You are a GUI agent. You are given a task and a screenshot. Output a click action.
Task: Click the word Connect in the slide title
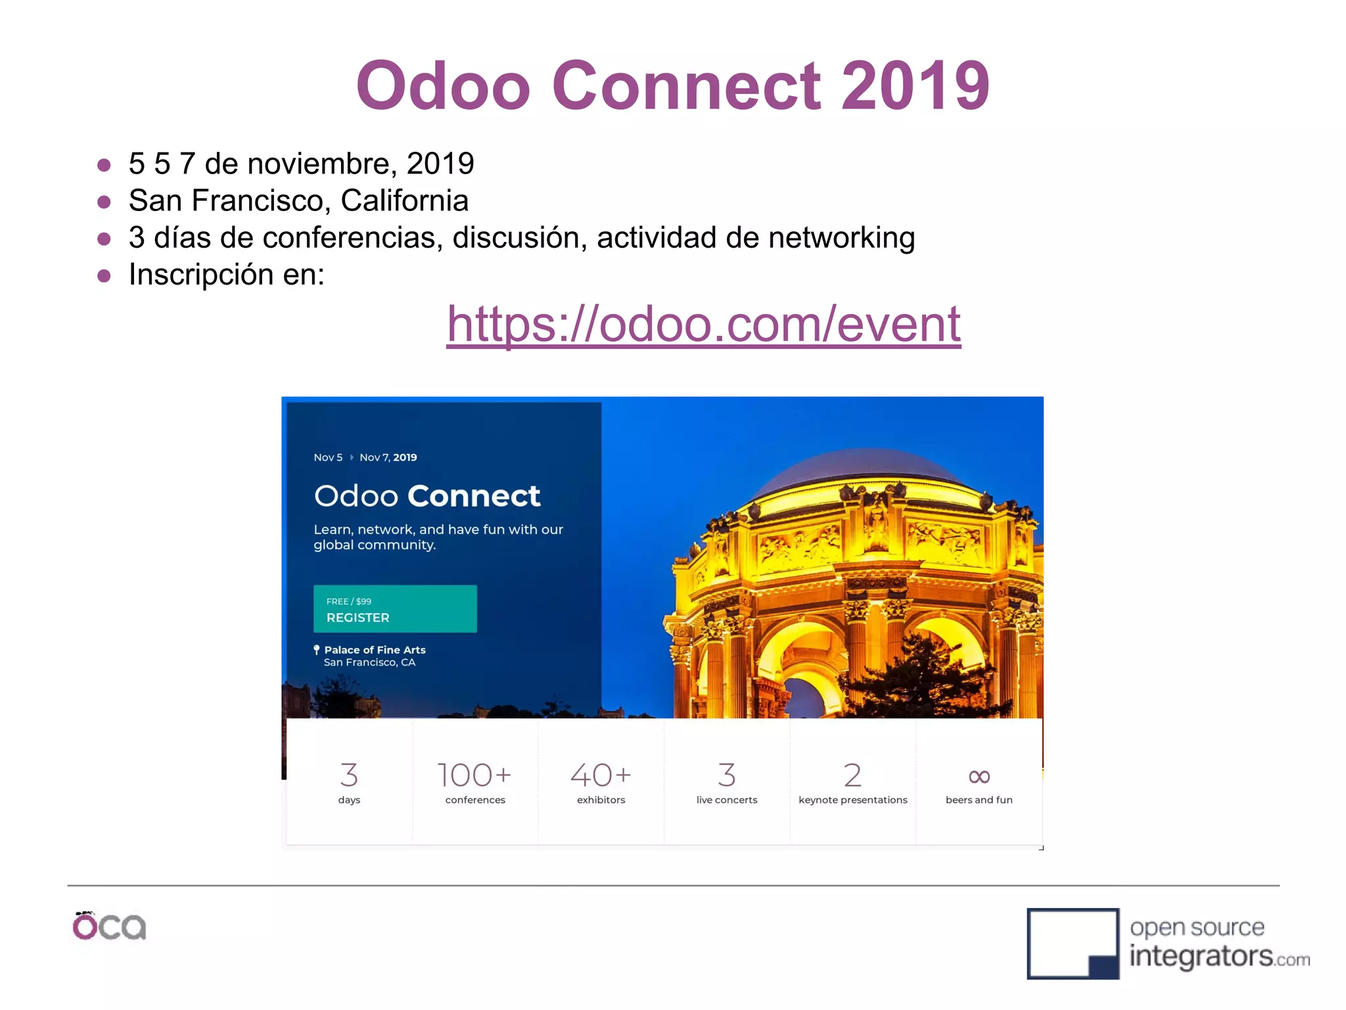coord(686,85)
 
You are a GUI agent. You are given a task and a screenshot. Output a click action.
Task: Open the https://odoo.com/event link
coord(703,324)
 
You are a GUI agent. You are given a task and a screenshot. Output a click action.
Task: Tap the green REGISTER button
coord(395,609)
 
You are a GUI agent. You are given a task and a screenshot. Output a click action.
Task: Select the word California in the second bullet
coord(404,200)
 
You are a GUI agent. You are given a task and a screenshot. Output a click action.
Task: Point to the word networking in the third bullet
coord(841,238)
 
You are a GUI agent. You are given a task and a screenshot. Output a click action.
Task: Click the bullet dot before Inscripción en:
coord(104,275)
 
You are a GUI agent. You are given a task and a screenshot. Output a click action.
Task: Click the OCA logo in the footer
coord(109,927)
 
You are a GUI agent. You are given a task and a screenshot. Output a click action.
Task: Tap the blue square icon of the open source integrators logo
coord(1073,944)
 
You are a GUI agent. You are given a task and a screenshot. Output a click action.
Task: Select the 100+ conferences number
coord(475,775)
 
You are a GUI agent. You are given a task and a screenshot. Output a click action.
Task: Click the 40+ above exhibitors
coord(601,775)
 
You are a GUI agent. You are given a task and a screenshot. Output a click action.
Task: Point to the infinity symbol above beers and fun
coord(979,777)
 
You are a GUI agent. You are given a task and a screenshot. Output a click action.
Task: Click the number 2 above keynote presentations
coord(852,775)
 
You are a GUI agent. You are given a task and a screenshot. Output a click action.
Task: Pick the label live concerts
coord(727,800)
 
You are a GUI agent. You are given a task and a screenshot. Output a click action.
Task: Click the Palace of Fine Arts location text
coord(375,650)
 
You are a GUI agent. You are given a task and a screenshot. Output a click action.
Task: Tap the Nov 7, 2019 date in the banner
coord(388,457)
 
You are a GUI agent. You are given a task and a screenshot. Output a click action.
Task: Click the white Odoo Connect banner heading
coord(427,496)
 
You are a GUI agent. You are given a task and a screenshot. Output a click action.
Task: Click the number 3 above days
coord(349,775)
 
